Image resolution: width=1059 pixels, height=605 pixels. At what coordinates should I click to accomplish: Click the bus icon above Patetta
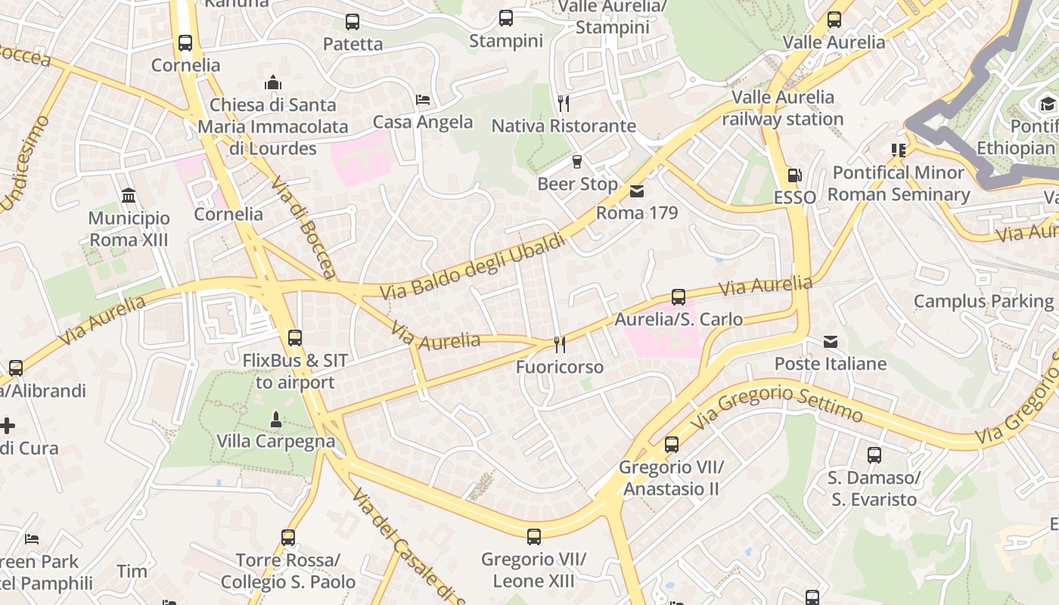pyautogui.click(x=352, y=22)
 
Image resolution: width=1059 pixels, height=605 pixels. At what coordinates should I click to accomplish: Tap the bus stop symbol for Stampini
pyautogui.click(x=506, y=18)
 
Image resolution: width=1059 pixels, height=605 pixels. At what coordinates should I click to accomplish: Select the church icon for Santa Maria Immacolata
pyautogui.click(x=272, y=82)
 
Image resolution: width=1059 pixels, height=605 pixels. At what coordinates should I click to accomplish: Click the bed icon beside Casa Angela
pyautogui.click(x=423, y=100)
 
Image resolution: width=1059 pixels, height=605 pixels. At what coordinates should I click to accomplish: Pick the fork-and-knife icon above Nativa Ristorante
pyautogui.click(x=564, y=103)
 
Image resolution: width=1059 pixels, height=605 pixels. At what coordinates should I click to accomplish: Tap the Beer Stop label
pyautogui.click(x=577, y=184)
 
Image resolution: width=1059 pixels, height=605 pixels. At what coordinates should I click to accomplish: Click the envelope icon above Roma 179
pyautogui.click(x=637, y=191)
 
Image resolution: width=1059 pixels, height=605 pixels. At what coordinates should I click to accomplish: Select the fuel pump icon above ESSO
pyautogui.click(x=794, y=175)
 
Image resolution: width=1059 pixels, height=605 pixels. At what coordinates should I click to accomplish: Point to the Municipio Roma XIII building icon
pyautogui.click(x=129, y=197)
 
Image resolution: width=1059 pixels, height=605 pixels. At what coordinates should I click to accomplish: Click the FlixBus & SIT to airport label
pyautogui.click(x=295, y=371)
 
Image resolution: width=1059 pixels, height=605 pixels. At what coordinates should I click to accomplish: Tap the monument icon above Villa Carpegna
pyautogui.click(x=276, y=419)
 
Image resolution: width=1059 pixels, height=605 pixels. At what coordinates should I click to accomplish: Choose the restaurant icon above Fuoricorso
pyautogui.click(x=560, y=345)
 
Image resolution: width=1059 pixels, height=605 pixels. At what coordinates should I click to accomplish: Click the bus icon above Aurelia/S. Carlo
pyautogui.click(x=679, y=297)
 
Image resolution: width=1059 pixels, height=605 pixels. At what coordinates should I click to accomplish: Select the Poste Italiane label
pyautogui.click(x=830, y=364)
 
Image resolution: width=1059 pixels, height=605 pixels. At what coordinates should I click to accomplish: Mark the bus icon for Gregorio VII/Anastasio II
pyautogui.click(x=671, y=445)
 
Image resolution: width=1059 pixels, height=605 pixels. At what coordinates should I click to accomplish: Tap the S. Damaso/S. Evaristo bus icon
pyautogui.click(x=874, y=455)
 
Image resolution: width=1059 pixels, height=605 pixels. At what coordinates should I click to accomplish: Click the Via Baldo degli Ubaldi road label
pyautogui.click(x=472, y=267)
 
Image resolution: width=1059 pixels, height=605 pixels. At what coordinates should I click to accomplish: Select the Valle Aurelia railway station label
pyautogui.click(x=783, y=108)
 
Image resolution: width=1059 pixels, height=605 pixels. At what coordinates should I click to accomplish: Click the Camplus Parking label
pyautogui.click(x=983, y=302)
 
